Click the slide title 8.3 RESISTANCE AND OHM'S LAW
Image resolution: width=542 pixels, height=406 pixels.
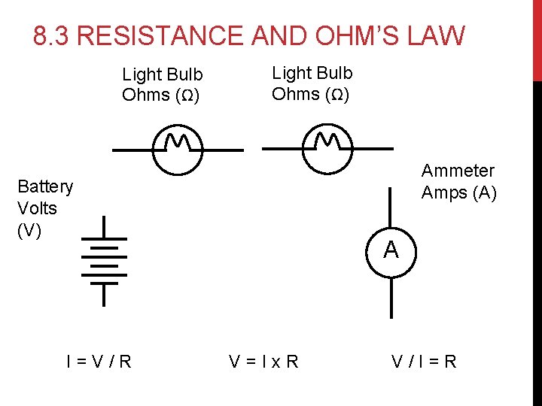[x=249, y=35]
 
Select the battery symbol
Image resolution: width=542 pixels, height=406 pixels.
[x=103, y=262]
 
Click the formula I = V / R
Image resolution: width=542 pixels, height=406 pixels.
[x=99, y=362]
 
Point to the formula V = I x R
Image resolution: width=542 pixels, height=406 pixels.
[x=263, y=362]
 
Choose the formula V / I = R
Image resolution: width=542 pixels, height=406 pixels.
[x=423, y=362]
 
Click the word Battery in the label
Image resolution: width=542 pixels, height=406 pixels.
[x=45, y=186]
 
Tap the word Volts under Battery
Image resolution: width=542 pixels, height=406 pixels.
[x=37, y=208]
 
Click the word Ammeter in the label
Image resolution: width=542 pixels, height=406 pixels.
[x=458, y=171]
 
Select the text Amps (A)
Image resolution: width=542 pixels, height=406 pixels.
[x=458, y=192]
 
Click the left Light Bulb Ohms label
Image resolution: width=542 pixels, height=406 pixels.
[x=162, y=85]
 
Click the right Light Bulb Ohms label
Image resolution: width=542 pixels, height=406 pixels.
[x=311, y=83]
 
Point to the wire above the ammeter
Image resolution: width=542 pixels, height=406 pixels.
[x=390, y=207]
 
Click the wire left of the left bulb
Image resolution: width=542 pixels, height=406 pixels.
[x=132, y=150]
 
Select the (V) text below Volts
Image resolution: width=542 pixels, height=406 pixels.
[x=29, y=229]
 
